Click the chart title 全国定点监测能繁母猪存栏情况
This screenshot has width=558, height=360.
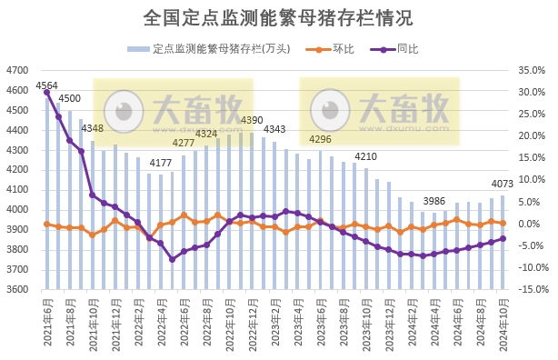[x=278, y=18]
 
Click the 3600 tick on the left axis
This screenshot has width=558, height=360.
[x=17, y=290]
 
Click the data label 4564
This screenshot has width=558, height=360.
[x=46, y=85]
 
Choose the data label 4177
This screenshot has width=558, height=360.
[x=161, y=164]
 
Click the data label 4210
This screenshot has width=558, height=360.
[x=366, y=157]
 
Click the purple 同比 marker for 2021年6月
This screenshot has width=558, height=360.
[x=47, y=93]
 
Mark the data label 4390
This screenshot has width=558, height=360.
[x=252, y=121]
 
